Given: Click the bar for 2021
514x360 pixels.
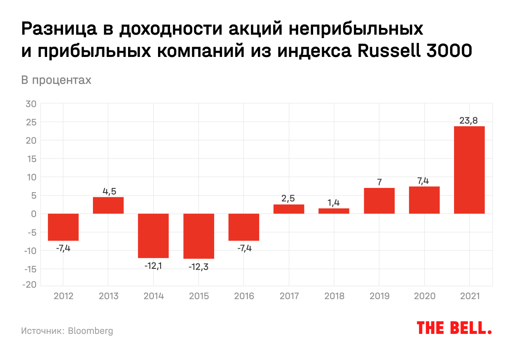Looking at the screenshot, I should [x=469, y=170].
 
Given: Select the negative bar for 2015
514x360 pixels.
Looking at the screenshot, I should [x=199, y=236].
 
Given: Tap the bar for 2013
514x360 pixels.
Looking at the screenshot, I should [x=108, y=205].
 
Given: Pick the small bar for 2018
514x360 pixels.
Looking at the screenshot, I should [x=334, y=211].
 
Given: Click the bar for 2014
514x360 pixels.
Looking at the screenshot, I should [x=153, y=235].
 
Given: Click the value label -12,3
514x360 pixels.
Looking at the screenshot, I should [x=198, y=266].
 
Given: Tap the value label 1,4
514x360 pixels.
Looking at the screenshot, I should [x=334, y=203].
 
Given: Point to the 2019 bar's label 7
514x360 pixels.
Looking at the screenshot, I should [x=379, y=182].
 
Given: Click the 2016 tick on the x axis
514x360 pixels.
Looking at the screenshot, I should [x=244, y=296].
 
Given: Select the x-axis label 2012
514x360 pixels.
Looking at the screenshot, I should [x=63, y=296].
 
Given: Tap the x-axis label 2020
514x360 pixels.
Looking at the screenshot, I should [x=424, y=296].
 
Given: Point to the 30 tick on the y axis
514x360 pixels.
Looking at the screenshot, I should [x=31, y=104].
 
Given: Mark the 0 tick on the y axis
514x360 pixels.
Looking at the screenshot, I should [x=34, y=214].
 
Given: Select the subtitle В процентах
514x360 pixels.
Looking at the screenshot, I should [x=56, y=80].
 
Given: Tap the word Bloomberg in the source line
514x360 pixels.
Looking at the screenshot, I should [x=90, y=331].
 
